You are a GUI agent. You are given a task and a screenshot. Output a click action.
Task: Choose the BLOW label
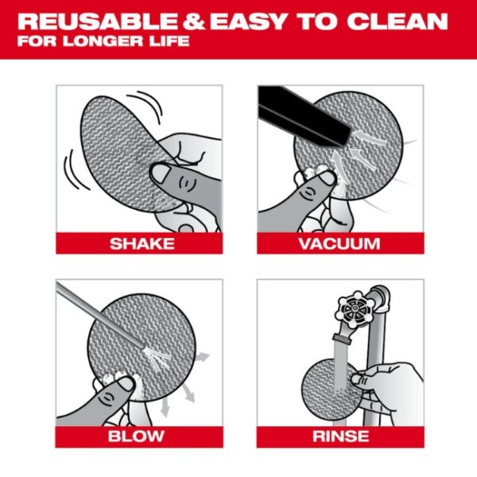coord(139,436)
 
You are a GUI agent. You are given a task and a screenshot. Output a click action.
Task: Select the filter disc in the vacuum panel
coord(350,151)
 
